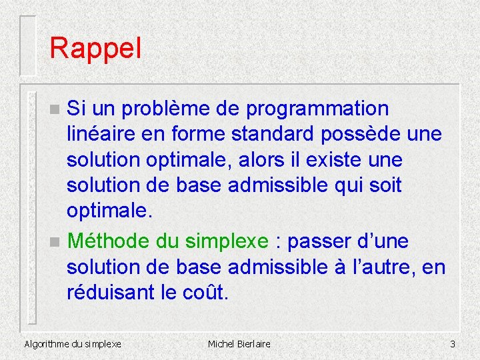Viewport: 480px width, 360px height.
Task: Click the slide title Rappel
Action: [95, 49]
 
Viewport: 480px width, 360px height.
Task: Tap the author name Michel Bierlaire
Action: [239, 344]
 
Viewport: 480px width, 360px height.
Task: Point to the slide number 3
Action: [452, 344]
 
